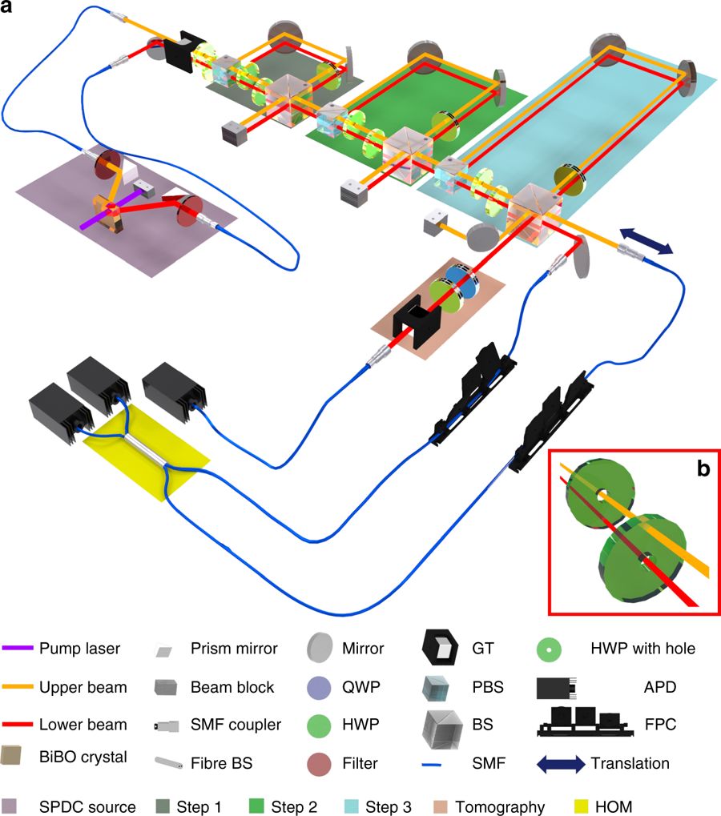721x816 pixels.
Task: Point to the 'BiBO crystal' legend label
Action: click(83, 757)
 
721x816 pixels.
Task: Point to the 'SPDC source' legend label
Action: click(77, 807)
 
